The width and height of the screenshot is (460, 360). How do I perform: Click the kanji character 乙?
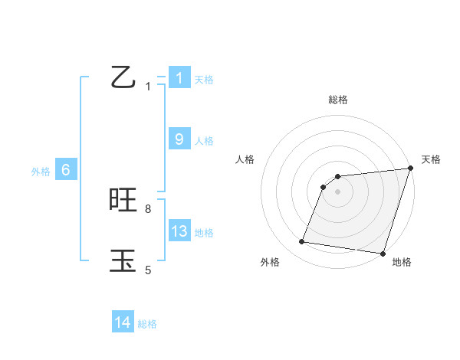click(123, 78)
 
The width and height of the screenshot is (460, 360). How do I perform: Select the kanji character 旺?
click(123, 201)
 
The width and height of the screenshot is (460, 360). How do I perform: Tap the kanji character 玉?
click(123, 260)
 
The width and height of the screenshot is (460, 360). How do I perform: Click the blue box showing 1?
click(179, 78)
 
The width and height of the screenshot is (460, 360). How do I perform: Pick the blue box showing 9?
click(179, 139)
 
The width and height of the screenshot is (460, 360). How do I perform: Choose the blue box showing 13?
click(179, 231)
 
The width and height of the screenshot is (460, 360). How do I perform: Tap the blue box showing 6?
click(66, 170)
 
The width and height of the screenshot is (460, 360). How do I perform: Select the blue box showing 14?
click(123, 323)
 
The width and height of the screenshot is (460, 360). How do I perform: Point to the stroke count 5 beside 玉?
click(148, 270)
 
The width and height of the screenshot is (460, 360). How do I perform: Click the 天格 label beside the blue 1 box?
click(204, 80)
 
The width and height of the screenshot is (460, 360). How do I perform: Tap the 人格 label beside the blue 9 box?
click(204, 141)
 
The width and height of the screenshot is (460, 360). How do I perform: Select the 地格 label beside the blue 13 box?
click(204, 233)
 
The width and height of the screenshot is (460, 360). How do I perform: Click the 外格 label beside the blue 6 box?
click(41, 172)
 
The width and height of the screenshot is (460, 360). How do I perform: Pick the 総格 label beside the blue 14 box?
click(147, 325)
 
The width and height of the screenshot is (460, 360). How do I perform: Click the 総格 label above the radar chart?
click(338, 100)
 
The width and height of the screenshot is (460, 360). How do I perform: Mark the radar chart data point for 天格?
click(409, 169)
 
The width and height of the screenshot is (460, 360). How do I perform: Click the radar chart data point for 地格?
click(382, 253)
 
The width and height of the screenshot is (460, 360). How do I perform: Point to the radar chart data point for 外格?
click(302, 242)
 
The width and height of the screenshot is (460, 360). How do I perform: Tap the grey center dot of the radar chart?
click(338, 191)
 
